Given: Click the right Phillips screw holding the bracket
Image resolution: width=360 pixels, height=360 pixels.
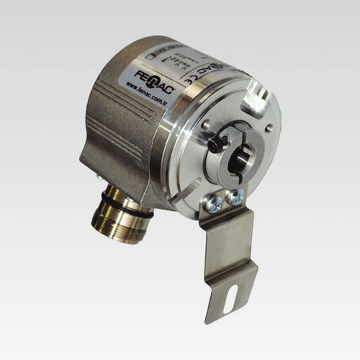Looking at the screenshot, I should click(x=235, y=197).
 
